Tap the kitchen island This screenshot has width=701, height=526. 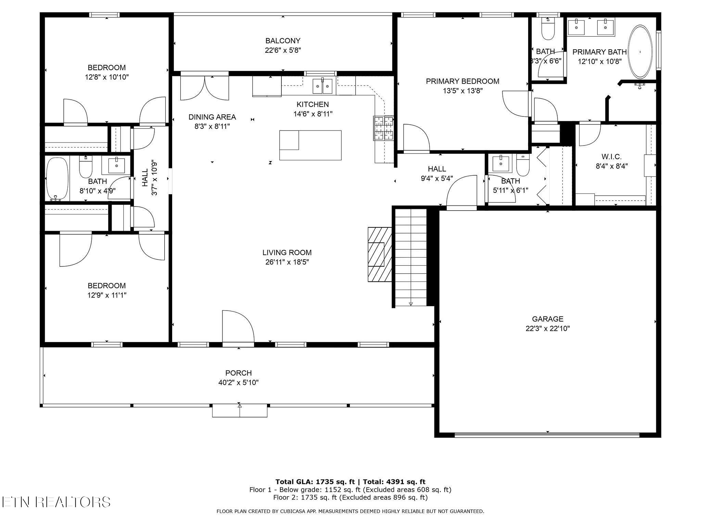[310, 145]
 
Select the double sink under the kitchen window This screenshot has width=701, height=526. [322, 86]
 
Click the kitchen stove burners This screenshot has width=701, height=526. [383, 128]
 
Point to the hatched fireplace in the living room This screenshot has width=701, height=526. [380, 254]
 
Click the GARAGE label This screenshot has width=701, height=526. [548, 319]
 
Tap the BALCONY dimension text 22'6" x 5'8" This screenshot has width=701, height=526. [283, 50]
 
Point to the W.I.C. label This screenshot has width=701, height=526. [611, 157]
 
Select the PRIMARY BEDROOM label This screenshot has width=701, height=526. [462, 81]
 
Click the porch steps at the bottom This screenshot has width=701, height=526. [240, 411]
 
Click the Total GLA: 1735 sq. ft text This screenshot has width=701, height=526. [315, 482]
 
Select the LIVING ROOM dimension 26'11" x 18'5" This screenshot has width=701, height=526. [287, 262]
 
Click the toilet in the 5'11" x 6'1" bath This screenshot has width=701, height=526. [522, 165]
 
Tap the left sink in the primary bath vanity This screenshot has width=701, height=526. [576, 27]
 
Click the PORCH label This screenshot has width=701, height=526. [238, 373]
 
